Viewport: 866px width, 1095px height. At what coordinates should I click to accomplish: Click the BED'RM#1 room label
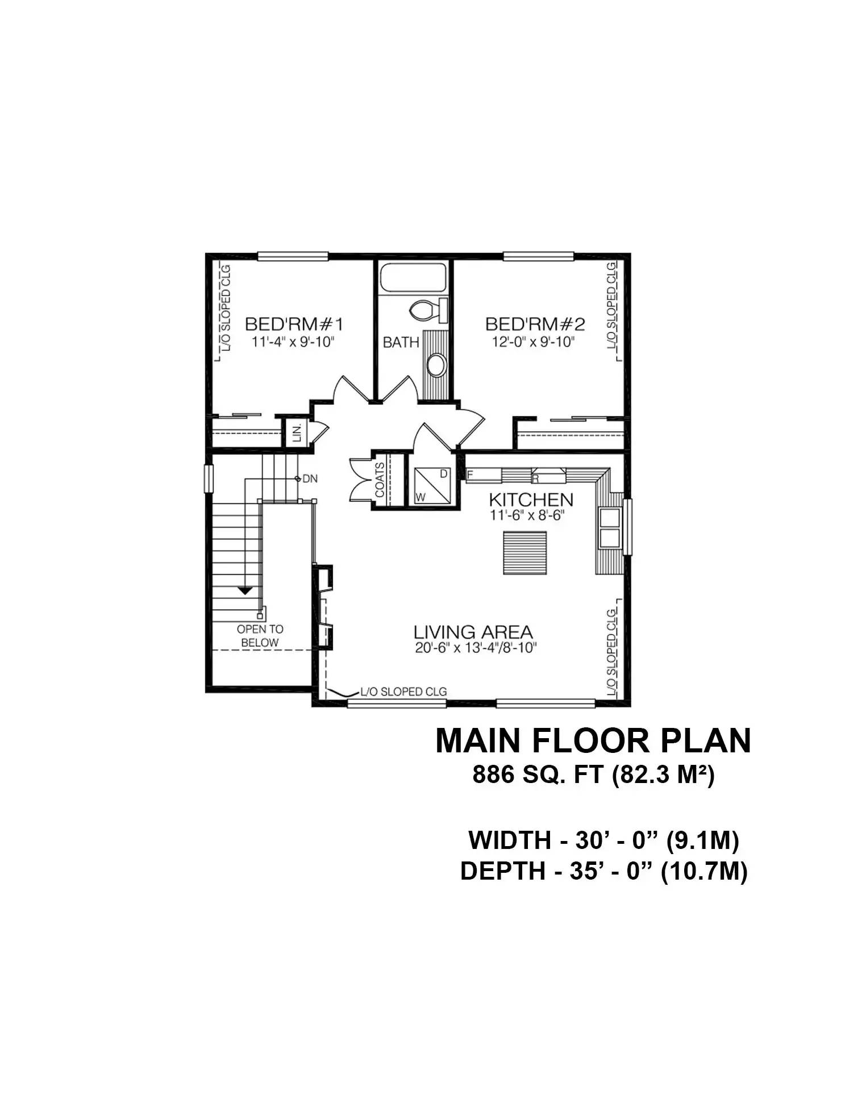coord(294,324)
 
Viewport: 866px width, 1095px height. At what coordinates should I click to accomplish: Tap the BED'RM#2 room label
coord(535,324)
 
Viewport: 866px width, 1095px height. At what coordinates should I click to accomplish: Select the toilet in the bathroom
coord(427,310)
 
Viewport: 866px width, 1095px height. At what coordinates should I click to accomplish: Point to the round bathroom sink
coord(436,365)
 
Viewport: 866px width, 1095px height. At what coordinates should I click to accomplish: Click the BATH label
coord(401,342)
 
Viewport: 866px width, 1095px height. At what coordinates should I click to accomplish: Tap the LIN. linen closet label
coord(297,432)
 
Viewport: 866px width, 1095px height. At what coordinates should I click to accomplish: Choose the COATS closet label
coord(380,480)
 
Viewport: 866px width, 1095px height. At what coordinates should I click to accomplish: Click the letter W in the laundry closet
coord(420,497)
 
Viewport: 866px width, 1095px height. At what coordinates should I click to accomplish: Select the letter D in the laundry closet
coord(444,474)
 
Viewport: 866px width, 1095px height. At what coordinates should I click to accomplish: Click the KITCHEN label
coord(531,500)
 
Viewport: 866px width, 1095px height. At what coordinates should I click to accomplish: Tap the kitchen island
coord(524,553)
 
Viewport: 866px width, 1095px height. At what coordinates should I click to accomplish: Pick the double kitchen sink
coord(610,527)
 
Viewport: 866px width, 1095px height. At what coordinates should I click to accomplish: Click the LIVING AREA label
coord(473,632)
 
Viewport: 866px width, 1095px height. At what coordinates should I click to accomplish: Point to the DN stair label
coord(310,479)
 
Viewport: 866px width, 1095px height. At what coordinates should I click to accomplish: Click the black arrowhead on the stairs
coord(245,591)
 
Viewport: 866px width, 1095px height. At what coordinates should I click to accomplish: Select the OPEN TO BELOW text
coord(260,636)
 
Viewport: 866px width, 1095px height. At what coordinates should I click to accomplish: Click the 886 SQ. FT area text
coord(593,775)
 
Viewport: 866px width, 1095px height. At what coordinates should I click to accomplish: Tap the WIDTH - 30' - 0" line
coord(603,840)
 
